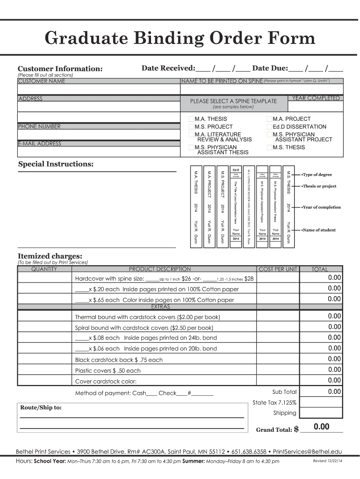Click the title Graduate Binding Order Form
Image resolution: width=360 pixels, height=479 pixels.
180,38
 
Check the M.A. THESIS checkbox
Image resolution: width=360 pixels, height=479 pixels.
191,119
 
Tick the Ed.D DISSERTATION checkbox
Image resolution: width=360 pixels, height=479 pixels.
269,127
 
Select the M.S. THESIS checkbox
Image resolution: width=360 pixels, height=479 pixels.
269,148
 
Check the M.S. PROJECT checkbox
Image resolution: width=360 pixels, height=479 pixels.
191,127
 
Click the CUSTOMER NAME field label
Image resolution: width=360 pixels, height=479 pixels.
42,81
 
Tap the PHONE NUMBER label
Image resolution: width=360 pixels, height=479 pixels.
39,126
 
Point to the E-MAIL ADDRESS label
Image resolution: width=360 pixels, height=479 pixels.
40,144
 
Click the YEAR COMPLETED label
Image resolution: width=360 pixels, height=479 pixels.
316,98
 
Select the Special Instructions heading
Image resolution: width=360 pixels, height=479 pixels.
56,164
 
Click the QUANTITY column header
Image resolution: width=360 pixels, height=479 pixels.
44,269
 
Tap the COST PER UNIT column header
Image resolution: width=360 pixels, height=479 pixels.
278,269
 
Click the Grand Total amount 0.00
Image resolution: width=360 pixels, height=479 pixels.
322,427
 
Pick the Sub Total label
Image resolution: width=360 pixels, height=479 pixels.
284,392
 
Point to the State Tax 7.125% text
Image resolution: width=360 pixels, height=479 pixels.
274,402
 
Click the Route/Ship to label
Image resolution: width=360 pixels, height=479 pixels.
41,407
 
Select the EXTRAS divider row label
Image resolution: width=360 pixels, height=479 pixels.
160,307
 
